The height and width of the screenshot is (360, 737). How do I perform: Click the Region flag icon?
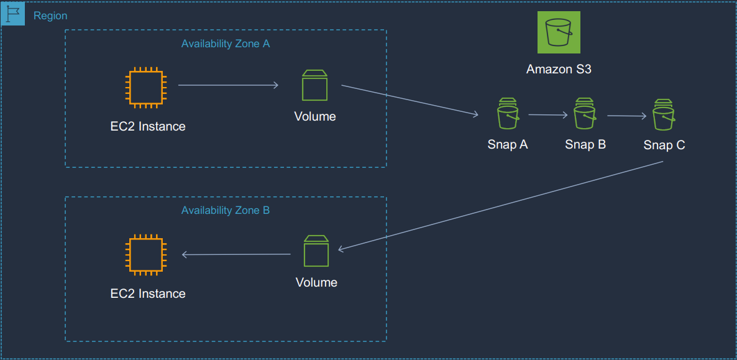pyautogui.click(x=13, y=13)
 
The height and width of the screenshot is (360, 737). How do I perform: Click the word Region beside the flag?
pyautogui.click(x=50, y=16)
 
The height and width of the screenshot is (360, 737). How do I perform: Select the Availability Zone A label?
pyautogui.click(x=226, y=44)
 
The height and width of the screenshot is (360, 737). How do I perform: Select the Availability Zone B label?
pyautogui.click(x=226, y=211)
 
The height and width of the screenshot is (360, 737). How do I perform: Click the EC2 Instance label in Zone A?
pyautogui.click(x=148, y=127)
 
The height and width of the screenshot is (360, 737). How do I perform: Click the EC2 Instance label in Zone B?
pyautogui.click(x=148, y=294)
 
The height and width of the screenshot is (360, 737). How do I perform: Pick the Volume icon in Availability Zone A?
pyautogui.click(x=314, y=85)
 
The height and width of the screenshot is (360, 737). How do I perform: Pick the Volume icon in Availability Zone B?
pyautogui.click(x=316, y=251)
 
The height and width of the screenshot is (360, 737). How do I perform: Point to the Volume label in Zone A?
pyautogui.click(x=315, y=117)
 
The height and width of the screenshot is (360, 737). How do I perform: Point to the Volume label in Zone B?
pyautogui.click(x=316, y=283)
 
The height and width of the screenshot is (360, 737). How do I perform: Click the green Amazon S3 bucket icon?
pyautogui.click(x=559, y=33)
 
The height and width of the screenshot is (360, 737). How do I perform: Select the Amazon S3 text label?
pyautogui.click(x=559, y=70)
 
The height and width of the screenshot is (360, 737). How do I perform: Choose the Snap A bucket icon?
pyautogui.click(x=508, y=114)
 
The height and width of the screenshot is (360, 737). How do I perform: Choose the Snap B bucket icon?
pyautogui.click(x=585, y=114)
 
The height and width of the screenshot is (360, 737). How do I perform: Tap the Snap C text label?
pyautogui.click(x=664, y=145)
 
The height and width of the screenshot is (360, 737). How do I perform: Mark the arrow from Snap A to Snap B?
pyautogui.click(x=547, y=115)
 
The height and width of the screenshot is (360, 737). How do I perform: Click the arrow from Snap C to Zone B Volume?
pyautogui.click(x=500, y=206)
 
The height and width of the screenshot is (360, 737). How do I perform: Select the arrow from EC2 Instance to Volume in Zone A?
pyautogui.click(x=228, y=85)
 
